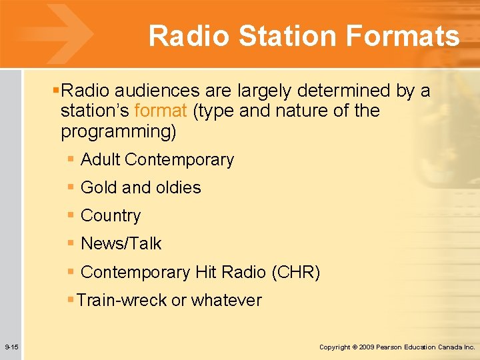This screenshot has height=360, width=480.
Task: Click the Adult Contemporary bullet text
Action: [x=157, y=160]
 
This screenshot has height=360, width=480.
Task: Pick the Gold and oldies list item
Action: [x=141, y=188]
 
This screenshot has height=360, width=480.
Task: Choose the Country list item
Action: [x=111, y=216]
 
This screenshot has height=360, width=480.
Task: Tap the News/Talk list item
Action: [x=121, y=244]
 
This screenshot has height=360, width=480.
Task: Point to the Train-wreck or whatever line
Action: [x=169, y=301]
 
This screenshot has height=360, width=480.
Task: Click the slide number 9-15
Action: [x=11, y=347]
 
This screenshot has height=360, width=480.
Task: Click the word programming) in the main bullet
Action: [x=119, y=131]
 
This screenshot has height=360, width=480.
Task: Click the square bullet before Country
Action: [x=71, y=215]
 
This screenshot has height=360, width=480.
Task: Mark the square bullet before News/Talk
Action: [x=71, y=243]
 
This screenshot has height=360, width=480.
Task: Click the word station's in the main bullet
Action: [x=94, y=111]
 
